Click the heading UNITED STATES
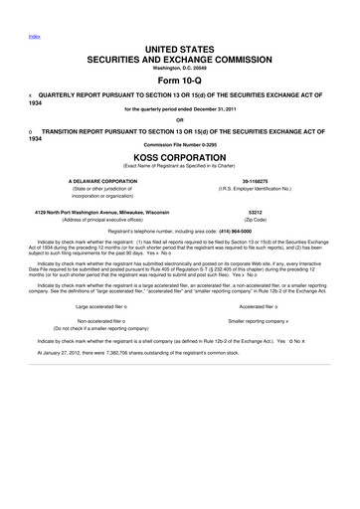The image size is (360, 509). [179, 49]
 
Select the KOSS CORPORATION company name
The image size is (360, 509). [179, 156]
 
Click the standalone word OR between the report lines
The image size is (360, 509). [179, 121]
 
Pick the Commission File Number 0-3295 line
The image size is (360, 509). [179, 144]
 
